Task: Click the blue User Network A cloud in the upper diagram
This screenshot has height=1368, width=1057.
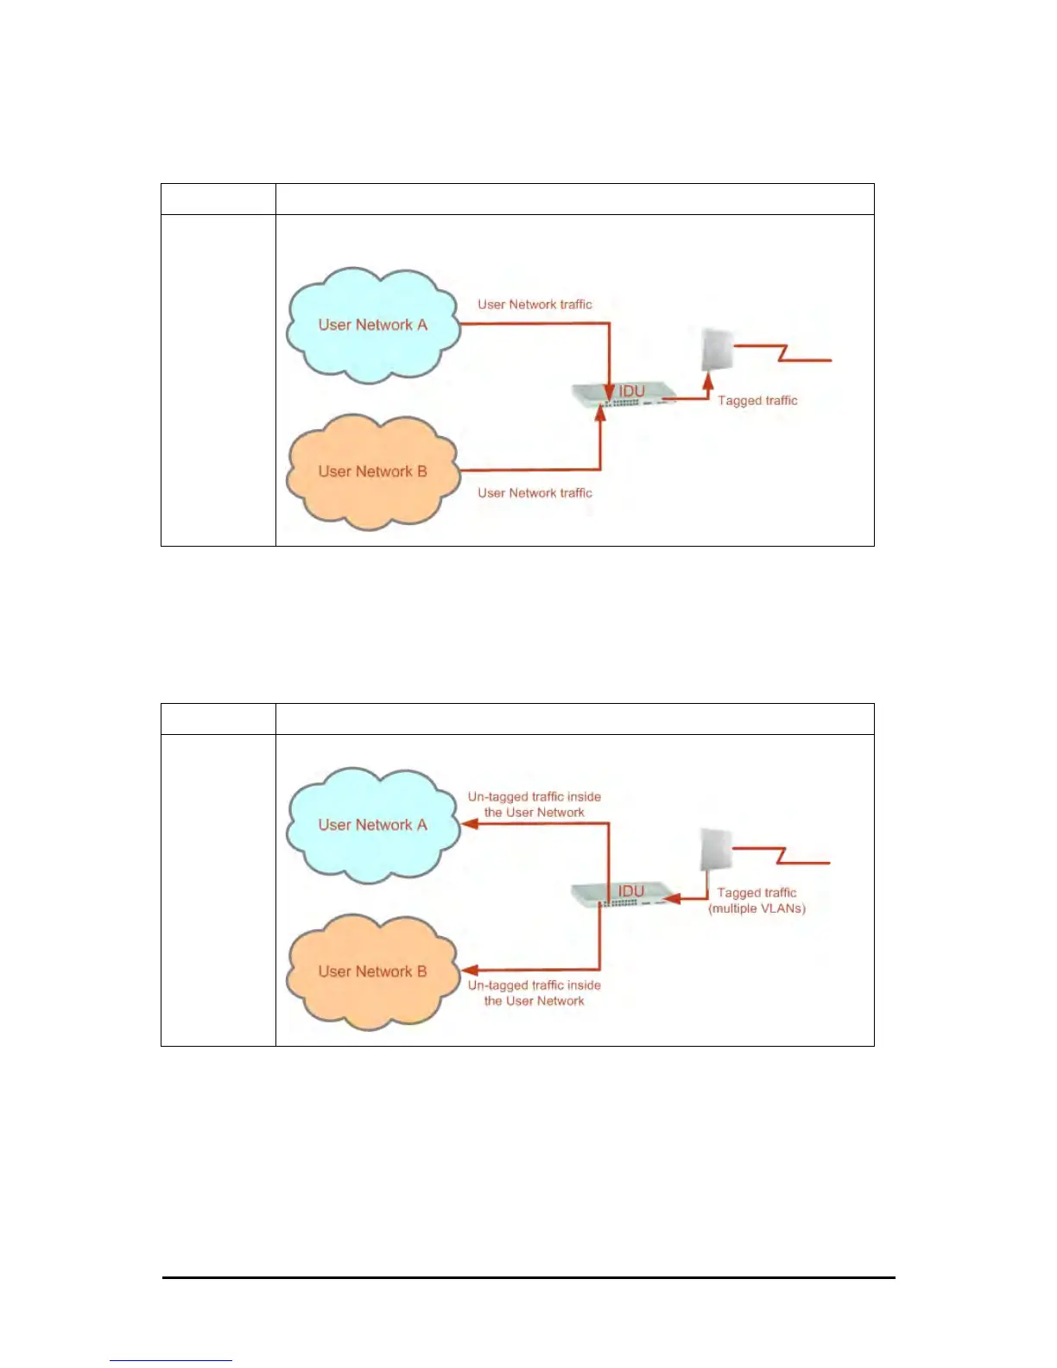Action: coord(372,326)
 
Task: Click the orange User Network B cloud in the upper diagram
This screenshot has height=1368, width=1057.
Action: coord(372,472)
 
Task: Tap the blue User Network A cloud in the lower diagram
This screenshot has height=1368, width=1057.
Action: coord(372,826)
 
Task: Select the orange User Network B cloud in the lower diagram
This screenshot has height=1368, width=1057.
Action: coord(372,972)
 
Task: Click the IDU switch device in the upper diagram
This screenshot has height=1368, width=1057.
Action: coord(623,395)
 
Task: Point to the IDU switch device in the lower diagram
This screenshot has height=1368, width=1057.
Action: coord(623,894)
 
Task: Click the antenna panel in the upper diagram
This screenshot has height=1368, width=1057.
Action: coord(717,350)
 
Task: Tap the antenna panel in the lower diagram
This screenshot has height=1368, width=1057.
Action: coord(716,851)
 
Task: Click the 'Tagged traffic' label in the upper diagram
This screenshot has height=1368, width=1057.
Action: coord(757,401)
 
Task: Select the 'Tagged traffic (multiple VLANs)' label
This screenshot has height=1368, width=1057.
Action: coord(757,901)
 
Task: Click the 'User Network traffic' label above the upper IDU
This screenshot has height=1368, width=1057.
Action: coord(535,305)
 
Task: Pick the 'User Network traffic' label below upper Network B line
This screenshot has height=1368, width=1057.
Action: coord(535,493)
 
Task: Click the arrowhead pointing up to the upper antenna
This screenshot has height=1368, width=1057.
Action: coord(708,380)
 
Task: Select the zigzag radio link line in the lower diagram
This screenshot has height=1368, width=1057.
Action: coord(782,855)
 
